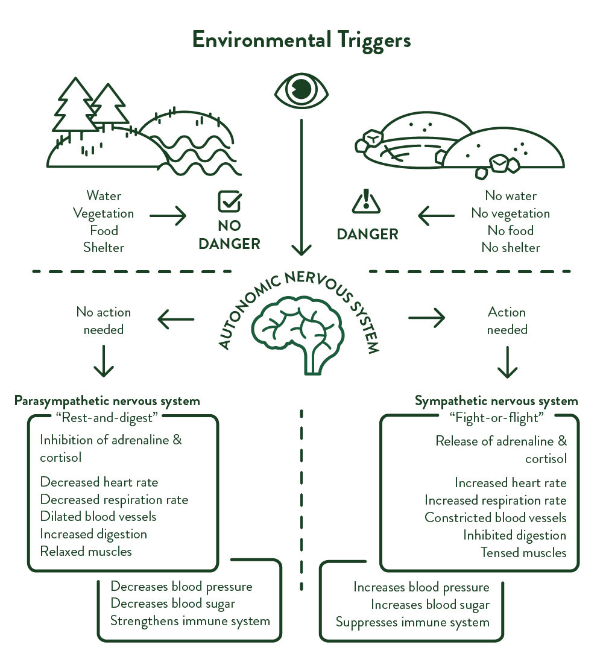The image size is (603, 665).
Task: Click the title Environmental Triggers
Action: (301, 40)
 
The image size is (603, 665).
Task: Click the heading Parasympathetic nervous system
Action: (107, 401)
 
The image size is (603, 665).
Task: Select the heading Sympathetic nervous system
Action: (496, 401)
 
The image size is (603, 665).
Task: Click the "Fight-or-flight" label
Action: (497, 417)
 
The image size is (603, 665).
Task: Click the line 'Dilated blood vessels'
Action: (98, 517)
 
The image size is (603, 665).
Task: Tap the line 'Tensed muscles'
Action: (523, 552)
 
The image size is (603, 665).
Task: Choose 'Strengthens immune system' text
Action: (190, 621)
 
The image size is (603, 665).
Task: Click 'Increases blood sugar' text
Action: (430, 605)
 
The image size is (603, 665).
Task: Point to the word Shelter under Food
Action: (104, 248)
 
